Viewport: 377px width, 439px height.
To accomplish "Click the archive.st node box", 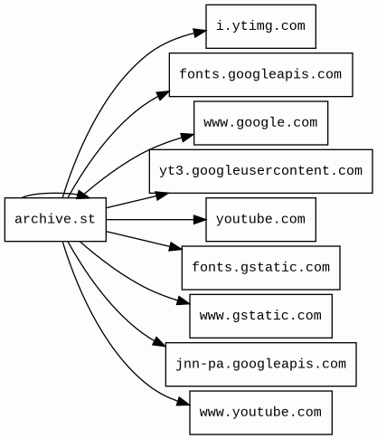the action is point(55,219).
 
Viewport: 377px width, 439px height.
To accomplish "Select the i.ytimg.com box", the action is point(260,26).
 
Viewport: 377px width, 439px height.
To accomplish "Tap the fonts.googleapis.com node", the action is point(260,74).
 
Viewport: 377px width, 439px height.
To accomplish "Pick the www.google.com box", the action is point(260,123).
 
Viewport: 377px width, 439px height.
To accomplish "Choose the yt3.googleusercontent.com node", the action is point(260,171).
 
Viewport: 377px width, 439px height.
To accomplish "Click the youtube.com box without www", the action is point(260,219).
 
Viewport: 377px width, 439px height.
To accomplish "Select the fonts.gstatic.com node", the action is point(260,268).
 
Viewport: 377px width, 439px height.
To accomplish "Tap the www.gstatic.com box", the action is point(260,316).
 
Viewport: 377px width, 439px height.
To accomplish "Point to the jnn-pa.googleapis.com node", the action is point(260,364).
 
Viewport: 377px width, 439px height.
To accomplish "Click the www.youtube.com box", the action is point(260,413).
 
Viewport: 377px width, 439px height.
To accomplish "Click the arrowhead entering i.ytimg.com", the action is point(200,33).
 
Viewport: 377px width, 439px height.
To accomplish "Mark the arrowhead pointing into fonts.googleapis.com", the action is point(163,94).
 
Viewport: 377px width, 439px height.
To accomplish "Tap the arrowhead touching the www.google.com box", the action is point(187,137).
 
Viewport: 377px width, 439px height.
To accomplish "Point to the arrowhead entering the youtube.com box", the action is point(200,219).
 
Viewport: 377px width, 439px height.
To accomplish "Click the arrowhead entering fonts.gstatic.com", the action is point(175,247).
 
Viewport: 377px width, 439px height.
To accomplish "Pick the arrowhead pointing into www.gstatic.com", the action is point(184,301).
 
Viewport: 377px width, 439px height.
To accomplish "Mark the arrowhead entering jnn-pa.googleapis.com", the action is point(159,342).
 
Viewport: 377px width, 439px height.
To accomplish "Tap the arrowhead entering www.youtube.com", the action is point(184,401).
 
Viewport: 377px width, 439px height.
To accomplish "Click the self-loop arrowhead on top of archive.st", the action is point(83,195).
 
